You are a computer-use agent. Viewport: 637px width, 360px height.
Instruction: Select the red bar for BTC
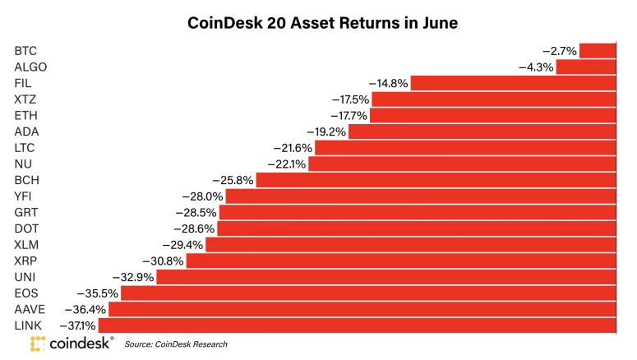(598, 51)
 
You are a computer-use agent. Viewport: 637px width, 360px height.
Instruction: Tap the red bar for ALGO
(586, 67)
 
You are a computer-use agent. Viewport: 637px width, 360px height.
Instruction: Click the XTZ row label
(25, 99)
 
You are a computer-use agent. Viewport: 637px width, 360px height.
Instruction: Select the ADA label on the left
(26, 132)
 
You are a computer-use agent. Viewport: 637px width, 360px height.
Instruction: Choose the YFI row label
(24, 196)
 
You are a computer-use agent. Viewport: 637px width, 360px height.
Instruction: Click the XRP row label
(25, 261)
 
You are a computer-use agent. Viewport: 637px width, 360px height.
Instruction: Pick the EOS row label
(26, 293)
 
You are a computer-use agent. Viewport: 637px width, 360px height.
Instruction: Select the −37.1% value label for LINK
(76, 325)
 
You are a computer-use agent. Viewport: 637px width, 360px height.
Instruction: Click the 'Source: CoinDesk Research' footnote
(176, 344)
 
